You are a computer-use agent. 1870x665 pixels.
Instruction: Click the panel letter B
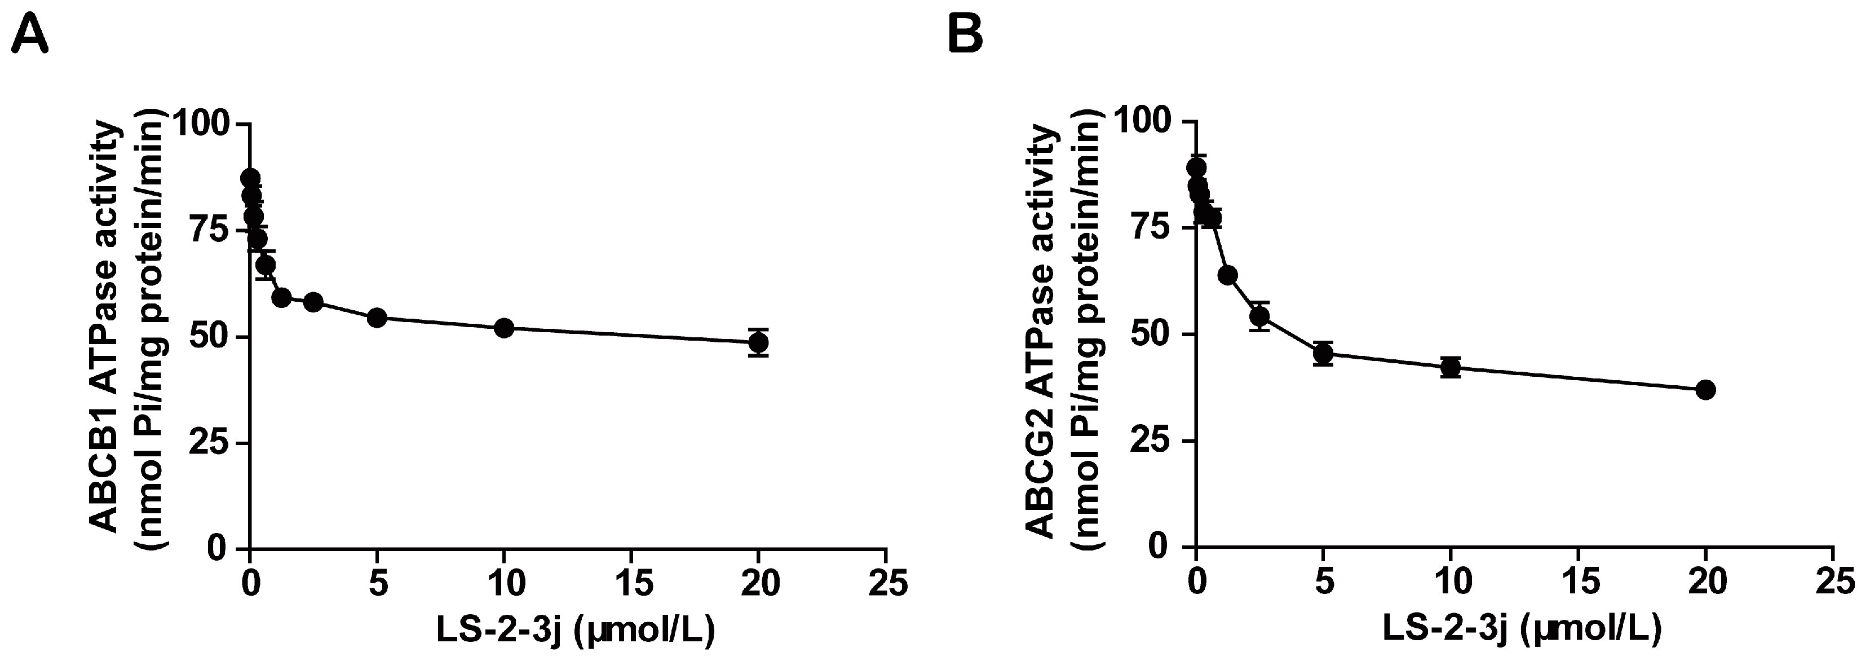tap(967, 35)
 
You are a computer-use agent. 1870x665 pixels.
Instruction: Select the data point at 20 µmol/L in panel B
tap(1706, 389)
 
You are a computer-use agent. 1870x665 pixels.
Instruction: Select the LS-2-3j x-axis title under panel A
tap(576, 630)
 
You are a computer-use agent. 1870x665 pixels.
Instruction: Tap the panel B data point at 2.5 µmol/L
tap(1259, 316)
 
